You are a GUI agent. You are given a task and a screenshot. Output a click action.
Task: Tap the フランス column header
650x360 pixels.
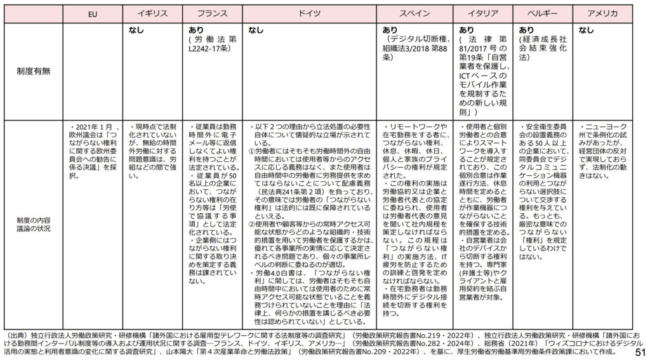click(213, 13)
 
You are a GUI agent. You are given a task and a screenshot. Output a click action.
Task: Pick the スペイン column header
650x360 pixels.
click(415, 13)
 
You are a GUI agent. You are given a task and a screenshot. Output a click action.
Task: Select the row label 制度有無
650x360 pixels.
click(33, 71)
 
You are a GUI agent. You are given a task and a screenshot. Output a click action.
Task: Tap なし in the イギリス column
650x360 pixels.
click(135, 30)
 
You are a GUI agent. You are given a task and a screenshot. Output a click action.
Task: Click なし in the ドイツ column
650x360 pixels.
click(255, 30)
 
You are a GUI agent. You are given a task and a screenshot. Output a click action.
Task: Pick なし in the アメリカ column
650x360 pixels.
click(586, 30)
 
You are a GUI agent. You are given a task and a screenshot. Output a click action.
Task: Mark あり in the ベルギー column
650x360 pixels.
click(526, 30)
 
